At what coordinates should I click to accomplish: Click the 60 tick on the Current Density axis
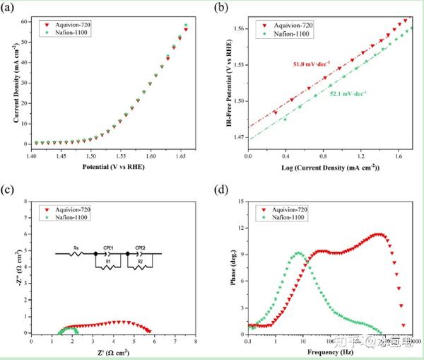coord(23,22)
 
